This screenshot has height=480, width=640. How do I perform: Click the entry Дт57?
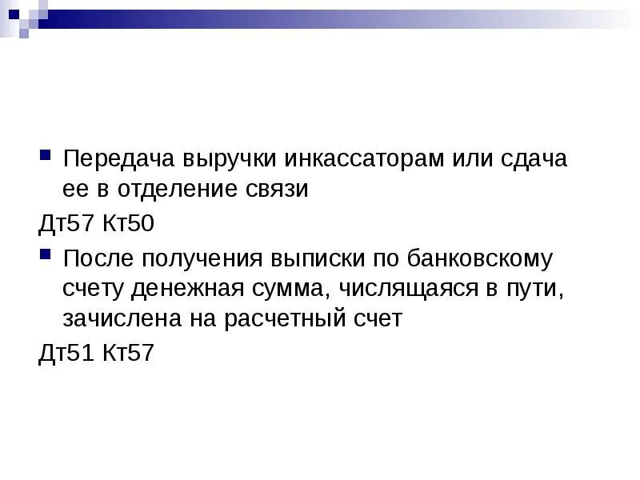[66, 223]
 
